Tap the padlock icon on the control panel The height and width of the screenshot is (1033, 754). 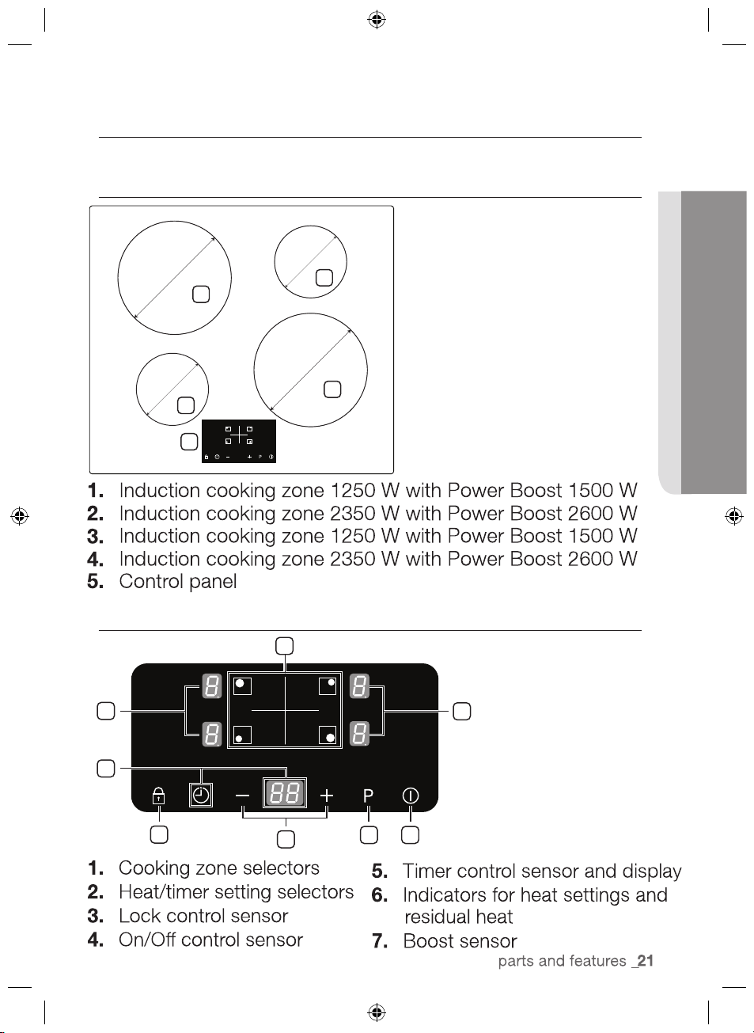(x=158, y=796)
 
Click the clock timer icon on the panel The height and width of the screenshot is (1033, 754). (x=201, y=795)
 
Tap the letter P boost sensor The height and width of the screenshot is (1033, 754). (x=368, y=796)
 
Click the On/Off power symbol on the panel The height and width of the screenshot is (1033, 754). (x=410, y=796)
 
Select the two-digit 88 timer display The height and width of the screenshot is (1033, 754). (x=285, y=793)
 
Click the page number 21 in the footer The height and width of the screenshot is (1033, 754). (x=646, y=961)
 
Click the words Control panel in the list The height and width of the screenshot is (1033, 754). (x=178, y=582)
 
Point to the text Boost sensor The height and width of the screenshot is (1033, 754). (x=460, y=941)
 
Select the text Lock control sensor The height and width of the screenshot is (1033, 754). (x=203, y=916)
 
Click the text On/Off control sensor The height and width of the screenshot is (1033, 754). (x=210, y=940)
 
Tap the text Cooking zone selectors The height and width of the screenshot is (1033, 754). (x=219, y=868)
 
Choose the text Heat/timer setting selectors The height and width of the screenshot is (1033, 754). (x=236, y=892)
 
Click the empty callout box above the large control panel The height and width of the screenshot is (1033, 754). (x=284, y=646)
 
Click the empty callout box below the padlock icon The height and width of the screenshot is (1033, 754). (x=159, y=834)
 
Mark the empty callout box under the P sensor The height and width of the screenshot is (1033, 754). (x=369, y=835)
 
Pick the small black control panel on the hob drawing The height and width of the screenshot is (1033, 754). (x=239, y=442)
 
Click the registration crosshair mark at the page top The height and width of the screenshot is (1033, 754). (x=377, y=19)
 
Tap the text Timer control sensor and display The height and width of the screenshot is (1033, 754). (x=542, y=872)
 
